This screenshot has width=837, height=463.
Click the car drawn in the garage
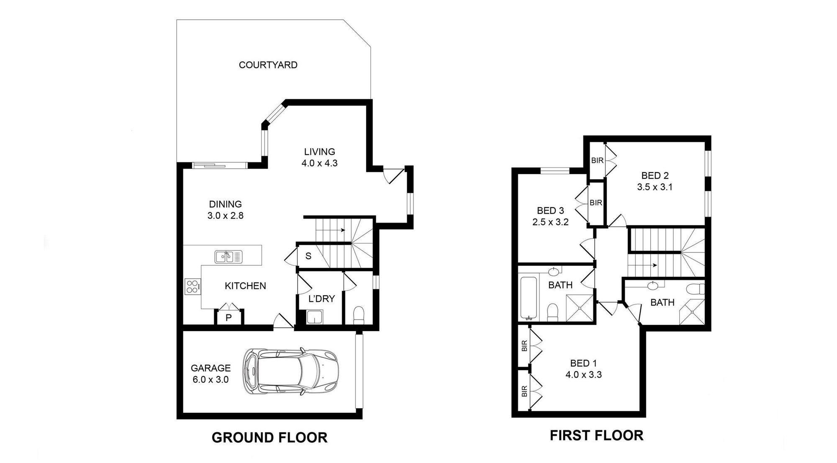tap(290, 371)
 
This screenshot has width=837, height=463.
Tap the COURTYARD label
tap(268, 65)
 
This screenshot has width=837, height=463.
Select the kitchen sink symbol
tap(229, 257)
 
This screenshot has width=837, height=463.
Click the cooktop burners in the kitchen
tap(193, 287)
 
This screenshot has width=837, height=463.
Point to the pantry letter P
tap(229, 318)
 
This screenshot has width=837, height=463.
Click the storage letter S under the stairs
tap(308, 256)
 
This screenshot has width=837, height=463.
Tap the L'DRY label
tap(321, 299)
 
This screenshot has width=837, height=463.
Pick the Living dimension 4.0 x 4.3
tap(319, 163)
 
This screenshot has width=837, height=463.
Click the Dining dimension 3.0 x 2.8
tap(225, 216)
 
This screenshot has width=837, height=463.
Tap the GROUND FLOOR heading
tap(270, 437)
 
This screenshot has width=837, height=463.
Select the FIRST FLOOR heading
tap(596, 435)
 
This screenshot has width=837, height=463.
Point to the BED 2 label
tap(655, 176)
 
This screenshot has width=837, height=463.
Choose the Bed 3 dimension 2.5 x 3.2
tap(550, 222)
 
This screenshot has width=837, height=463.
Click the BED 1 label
tap(583, 363)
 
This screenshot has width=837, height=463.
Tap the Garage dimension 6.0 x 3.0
tap(211, 380)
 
